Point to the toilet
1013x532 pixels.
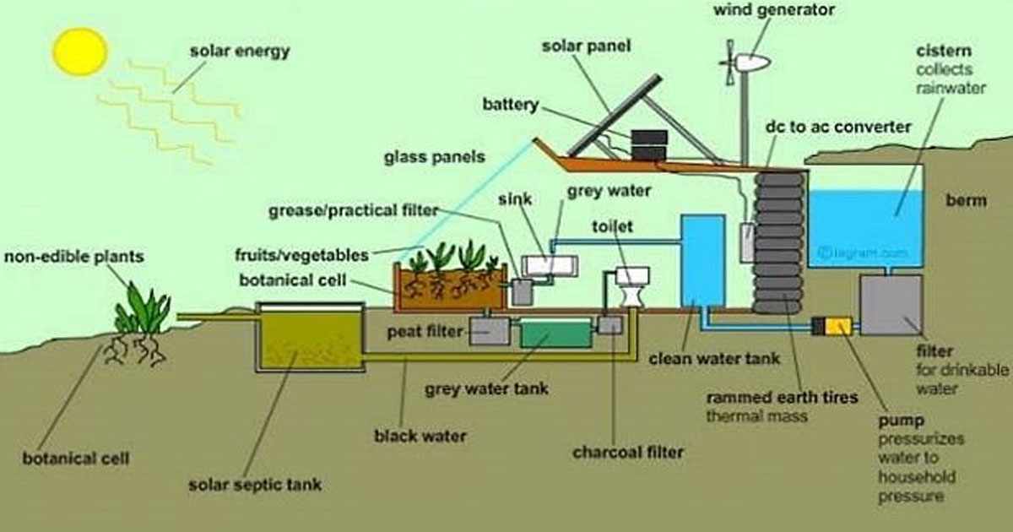[x=631, y=287]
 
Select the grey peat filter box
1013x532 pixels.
[x=490, y=330]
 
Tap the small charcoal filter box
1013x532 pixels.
[x=609, y=324]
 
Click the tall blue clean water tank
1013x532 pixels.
[x=703, y=260]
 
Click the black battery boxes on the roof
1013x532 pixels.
[x=649, y=144]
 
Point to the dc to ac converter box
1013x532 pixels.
[x=747, y=242]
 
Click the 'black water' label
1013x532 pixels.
[x=420, y=437]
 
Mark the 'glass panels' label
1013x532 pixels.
[x=435, y=157]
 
